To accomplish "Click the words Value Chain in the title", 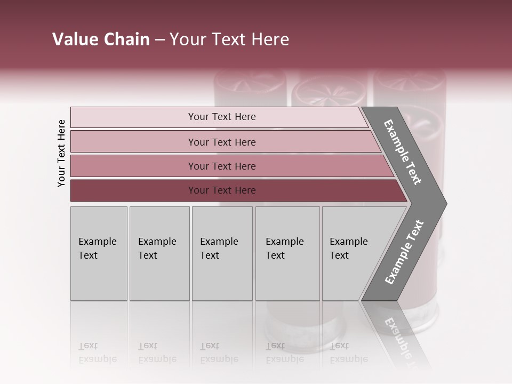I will pyautogui.click(x=101, y=39).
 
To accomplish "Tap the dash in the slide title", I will pyautogui.click(x=159, y=40).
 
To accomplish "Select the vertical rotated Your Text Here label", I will pyautogui.click(x=61, y=153).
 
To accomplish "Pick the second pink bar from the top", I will pyautogui.click(x=222, y=142).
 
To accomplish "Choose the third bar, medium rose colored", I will pyautogui.click(x=222, y=166).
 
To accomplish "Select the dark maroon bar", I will pyautogui.click(x=222, y=190).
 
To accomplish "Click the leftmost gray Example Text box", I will pyautogui.click(x=99, y=253).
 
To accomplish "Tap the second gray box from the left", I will pyautogui.click(x=159, y=253).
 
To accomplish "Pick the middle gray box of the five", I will pyautogui.click(x=222, y=253).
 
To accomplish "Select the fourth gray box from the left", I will pyautogui.click(x=287, y=253).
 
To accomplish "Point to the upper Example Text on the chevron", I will pyautogui.click(x=403, y=152).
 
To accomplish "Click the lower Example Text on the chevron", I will pyautogui.click(x=404, y=252).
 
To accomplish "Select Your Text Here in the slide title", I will pyautogui.click(x=229, y=40).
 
